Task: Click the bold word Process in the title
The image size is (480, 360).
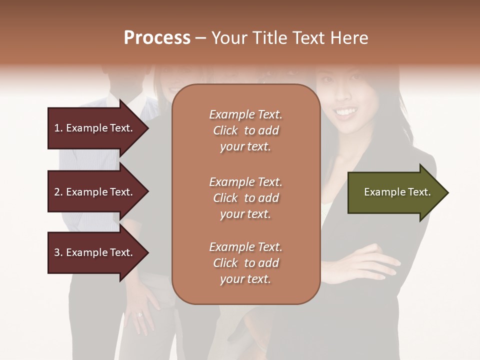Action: click(x=157, y=38)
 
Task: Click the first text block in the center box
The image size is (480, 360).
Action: click(x=245, y=130)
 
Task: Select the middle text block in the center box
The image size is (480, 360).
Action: click(x=245, y=197)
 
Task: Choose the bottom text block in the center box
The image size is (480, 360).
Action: click(x=245, y=263)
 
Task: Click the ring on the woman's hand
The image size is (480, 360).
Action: click(x=139, y=314)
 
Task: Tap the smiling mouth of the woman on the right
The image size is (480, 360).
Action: click(x=346, y=111)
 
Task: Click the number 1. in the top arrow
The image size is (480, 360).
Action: click(x=58, y=128)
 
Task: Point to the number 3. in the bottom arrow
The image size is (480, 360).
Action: click(x=58, y=252)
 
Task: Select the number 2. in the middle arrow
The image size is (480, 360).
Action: click(x=58, y=192)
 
